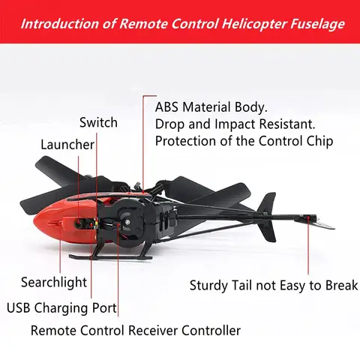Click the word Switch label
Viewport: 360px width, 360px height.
(x=98, y=122)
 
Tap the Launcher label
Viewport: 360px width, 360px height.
(x=67, y=144)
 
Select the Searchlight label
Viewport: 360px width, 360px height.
(x=54, y=282)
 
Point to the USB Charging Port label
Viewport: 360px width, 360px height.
(x=61, y=307)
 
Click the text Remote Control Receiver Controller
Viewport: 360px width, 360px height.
(x=136, y=330)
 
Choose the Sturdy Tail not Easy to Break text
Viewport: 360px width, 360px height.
(x=274, y=285)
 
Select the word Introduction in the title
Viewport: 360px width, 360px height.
(x=57, y=25)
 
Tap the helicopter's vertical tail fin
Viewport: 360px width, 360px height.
(x=268, y=206)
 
